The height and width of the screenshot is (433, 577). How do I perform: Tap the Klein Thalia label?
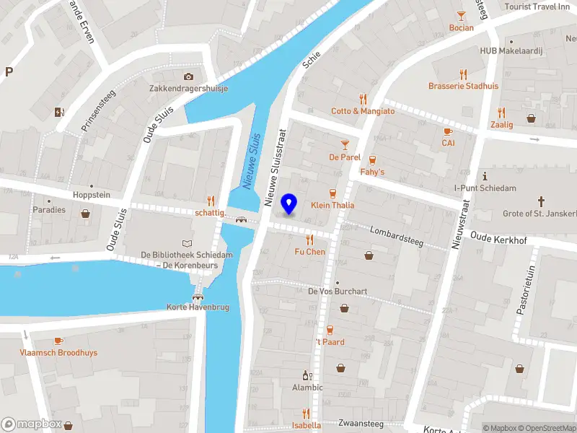pyautogui.click(x=332, y=206)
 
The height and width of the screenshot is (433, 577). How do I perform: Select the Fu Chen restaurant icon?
pyautogui.click(x=310, y=240)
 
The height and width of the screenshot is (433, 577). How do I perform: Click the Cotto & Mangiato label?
pyautogui.click(x=363, y=111)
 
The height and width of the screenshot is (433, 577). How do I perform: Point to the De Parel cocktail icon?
pyautogui.click(x=345, y=144)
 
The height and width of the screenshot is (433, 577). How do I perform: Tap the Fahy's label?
pyautogui.click(x=372, y=172)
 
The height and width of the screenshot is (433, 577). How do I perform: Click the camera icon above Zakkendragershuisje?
pyautogui.click(x=188, y=76)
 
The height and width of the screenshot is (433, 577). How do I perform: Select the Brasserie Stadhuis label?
pyautogui.click(x=463, y=86)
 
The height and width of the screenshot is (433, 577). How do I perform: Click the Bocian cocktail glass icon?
pyautogui.click(x=462, y=16)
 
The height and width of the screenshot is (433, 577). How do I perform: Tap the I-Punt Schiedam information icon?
pyautogui.click(x=485, y=176)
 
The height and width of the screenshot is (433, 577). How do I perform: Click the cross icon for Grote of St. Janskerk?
pyautogui.click(x=542, y=201)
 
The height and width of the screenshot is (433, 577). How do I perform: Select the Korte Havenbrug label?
pyautogui.click(x=198, y=307)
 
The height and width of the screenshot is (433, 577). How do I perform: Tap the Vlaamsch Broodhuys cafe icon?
pyautogui.click(x=58, y=341)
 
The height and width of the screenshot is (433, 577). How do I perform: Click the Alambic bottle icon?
pyautogui.click(x=307, y=375)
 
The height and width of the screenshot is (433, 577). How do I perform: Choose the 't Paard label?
pyautogui.click(x=330, y=342)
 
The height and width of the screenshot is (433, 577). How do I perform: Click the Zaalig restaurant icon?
pyautogui.click(x=501, y=113)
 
